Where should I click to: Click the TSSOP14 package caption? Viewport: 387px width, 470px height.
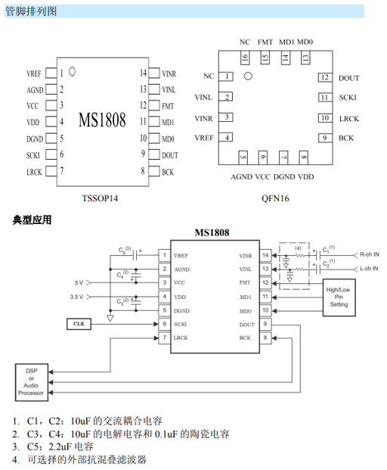point(100,198)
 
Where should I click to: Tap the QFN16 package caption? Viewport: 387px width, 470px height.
point(275,198)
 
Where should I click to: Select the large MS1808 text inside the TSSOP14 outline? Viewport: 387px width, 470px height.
point(102,120)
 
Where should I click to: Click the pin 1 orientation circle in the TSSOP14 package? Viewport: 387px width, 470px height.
point(72,72)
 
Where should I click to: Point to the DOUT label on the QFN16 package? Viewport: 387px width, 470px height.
point(348,78)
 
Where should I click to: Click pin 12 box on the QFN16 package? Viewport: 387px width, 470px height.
point(325,77)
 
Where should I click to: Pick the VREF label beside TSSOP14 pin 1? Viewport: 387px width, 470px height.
point(34,73)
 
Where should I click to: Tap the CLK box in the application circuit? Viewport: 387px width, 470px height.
point(79,324)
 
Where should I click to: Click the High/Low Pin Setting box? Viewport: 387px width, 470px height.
point(339,297)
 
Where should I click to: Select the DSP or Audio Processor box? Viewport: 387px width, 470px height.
point(32,382)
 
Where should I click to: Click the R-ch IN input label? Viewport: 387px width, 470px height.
point(369,254)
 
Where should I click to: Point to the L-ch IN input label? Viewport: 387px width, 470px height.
point(369,269)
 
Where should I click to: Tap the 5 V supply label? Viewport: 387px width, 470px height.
point(79,282)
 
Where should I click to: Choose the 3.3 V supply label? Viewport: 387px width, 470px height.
point(76,297)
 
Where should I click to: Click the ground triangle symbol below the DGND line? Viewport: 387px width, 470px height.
point(110,319)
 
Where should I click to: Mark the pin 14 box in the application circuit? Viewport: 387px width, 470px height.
point(265,255)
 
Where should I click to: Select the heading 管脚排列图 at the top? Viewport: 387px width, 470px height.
point(31,11)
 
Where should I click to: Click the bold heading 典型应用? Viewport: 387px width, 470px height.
point(32,220)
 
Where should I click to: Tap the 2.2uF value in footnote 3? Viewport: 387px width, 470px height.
point(60,447)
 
